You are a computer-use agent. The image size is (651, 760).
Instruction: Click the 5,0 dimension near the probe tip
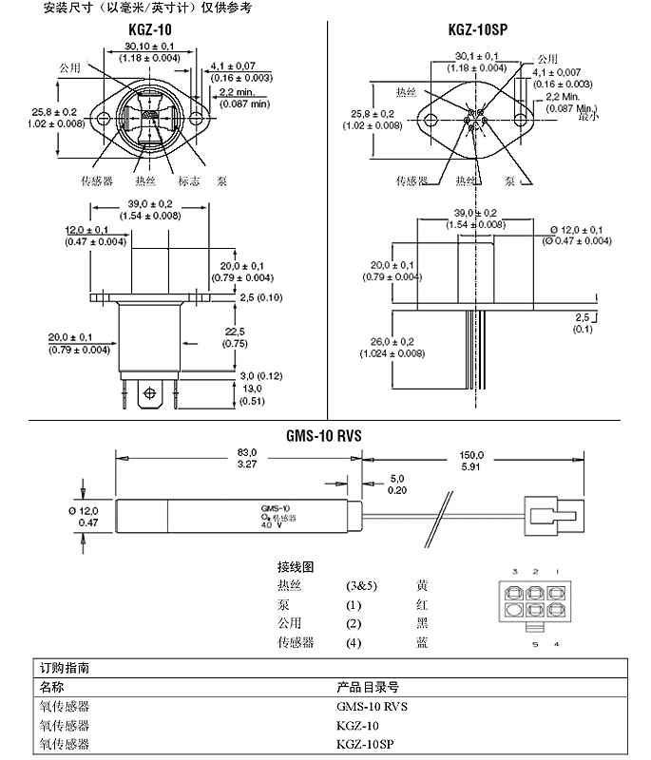click(x=396, y=484)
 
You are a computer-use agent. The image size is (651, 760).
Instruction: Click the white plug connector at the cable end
click(x=546, y=518)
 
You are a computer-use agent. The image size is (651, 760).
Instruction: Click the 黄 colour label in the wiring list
click(x=422, y=586)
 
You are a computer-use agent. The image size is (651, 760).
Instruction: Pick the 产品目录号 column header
click(x=367, y=687)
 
